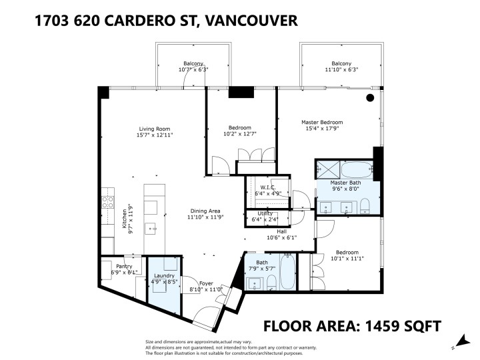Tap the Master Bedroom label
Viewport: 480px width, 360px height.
click(322, 123)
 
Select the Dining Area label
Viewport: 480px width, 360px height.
click(205, 210)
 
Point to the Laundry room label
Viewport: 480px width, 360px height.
click(163, 275)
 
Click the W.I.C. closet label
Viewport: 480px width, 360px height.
click(268, 187)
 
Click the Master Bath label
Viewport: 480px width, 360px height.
click(345, 182)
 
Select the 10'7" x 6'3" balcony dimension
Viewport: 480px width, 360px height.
click(193, 70)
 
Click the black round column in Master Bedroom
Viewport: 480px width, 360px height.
click(370, 98)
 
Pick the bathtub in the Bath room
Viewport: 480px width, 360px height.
click(289, 275)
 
